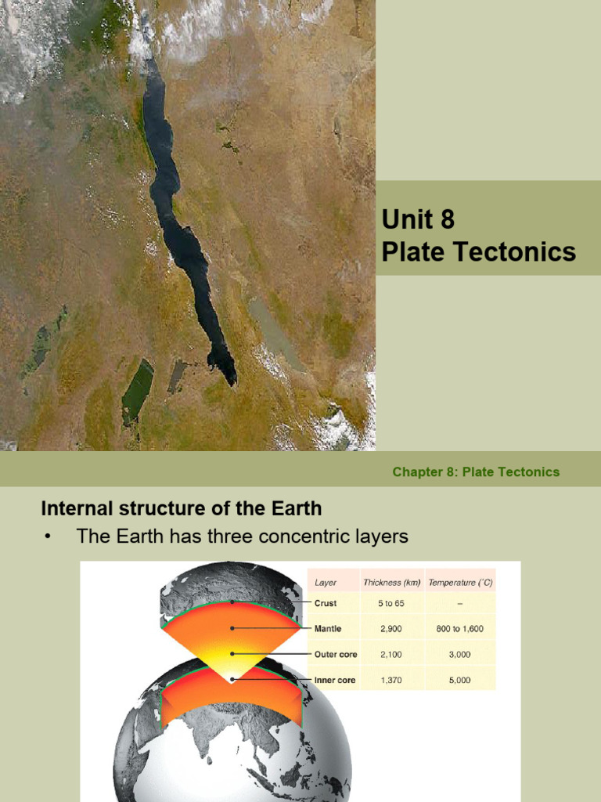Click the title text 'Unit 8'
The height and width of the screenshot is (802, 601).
418,219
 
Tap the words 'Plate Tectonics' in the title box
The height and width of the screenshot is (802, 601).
478,252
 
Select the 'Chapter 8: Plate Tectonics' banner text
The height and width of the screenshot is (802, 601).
476,471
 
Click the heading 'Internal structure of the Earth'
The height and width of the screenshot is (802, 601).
181,508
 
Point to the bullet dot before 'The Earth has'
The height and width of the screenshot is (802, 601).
48,537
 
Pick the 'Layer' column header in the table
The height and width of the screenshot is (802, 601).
326,583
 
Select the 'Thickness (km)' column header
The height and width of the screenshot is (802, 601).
391,583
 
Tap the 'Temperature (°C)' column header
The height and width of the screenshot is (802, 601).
460,583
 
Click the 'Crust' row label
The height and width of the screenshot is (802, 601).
326,604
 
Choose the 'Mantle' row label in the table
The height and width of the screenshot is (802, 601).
329,629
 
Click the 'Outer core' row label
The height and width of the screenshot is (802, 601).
336,655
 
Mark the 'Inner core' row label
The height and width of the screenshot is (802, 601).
335,681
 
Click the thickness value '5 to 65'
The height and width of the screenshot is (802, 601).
391,604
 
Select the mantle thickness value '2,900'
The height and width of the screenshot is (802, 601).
391,629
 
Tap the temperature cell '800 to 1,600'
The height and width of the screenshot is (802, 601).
460,629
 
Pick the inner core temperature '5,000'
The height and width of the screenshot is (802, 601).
460,681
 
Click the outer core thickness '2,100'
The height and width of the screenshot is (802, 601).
391,655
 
